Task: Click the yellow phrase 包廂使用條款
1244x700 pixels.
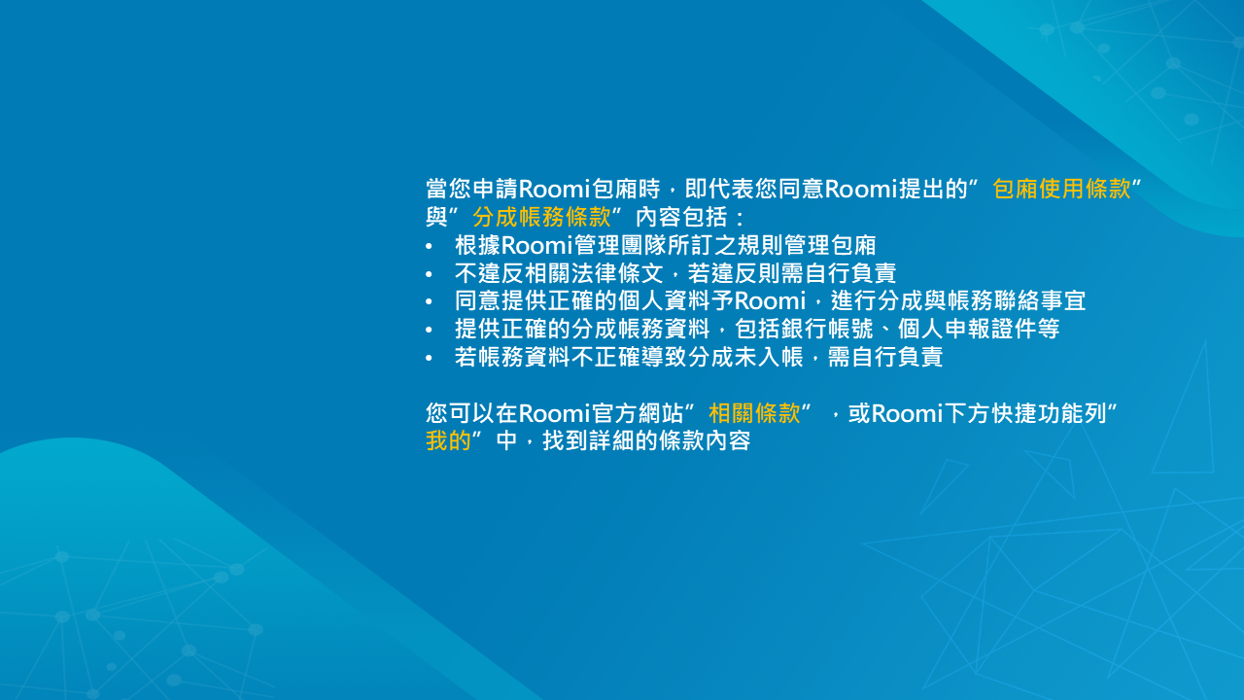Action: click(1061, 189)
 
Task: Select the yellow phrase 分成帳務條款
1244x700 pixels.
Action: click(541, 217)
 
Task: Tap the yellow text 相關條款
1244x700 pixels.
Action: click(755, 413)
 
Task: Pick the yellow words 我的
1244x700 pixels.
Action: click(448, 441)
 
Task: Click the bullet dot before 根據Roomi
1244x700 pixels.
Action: click(429, 246)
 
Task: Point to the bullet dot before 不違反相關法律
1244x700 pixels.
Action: click(429, 274)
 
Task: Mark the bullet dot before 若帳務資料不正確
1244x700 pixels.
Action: click(429, 358)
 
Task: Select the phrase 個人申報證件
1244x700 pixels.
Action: click(966, 329)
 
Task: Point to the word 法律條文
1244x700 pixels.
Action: click(617, 273)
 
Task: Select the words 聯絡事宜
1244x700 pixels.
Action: click(1040, 300)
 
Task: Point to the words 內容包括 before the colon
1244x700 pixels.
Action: click(681, 217)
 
